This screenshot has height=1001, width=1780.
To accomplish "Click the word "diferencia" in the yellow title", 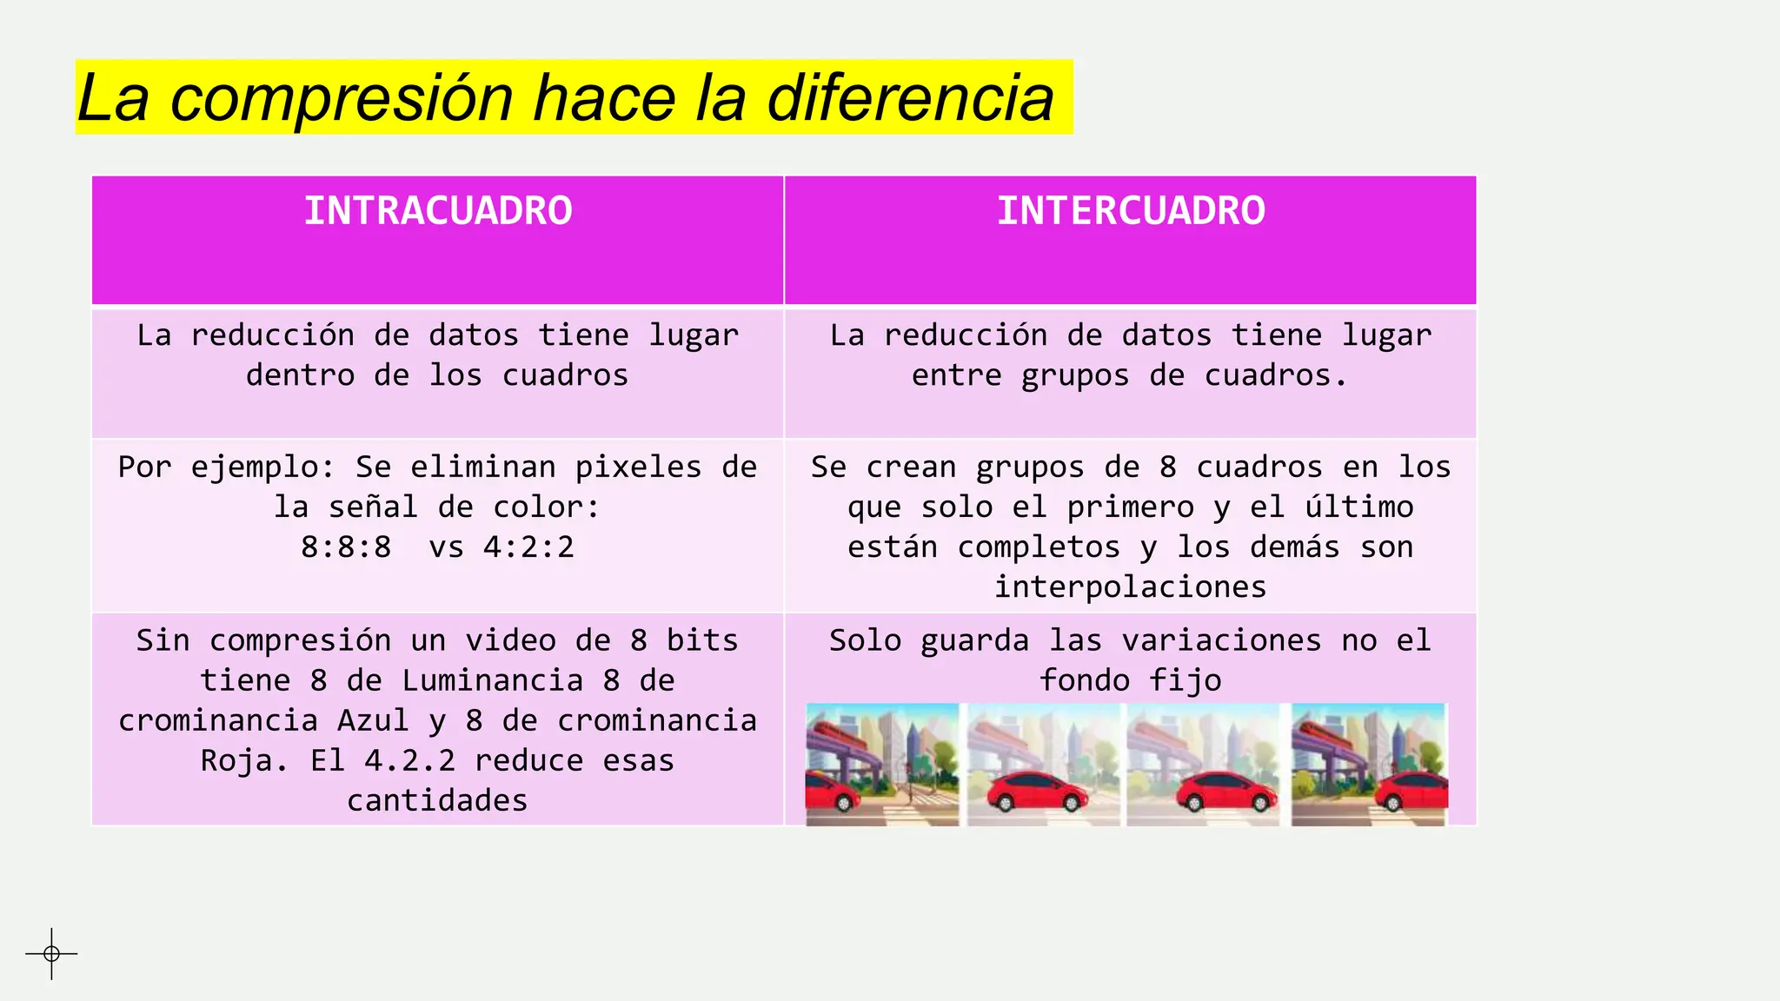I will point(910,97).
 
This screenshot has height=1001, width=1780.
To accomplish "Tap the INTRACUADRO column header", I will point(438,211).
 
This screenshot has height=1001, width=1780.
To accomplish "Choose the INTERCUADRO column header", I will point(1131,211).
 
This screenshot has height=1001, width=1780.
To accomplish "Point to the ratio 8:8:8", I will point(346,547).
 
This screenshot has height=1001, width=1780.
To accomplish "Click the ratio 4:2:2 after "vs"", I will point(528,547).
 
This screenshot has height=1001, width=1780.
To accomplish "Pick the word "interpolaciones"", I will point(1130,587).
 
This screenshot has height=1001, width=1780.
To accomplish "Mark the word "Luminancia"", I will point(492,680).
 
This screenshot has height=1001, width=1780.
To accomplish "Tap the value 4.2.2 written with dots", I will point(409,760).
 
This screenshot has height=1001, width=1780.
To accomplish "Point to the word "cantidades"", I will point(437,800).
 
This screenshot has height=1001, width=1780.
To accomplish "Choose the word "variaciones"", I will point(1221,640).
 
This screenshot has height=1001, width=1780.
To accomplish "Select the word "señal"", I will point(373,507).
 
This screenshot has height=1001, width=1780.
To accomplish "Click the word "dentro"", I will point(300,375).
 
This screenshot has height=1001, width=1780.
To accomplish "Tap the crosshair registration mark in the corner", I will point(51,954).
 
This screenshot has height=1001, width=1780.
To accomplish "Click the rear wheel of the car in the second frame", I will point(1006,804).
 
